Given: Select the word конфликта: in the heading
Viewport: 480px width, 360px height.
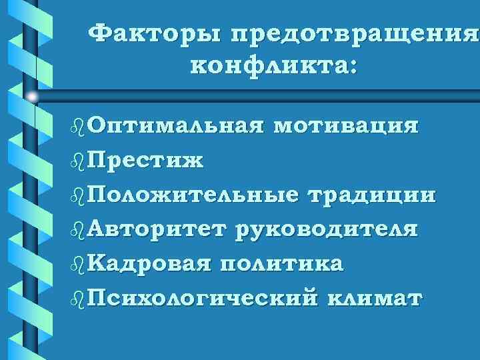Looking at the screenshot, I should [x=274, y=67].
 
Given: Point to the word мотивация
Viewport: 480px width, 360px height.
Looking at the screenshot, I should [x=345, y=126].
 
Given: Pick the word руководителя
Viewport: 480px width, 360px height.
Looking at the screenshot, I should [x=326, y=230].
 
